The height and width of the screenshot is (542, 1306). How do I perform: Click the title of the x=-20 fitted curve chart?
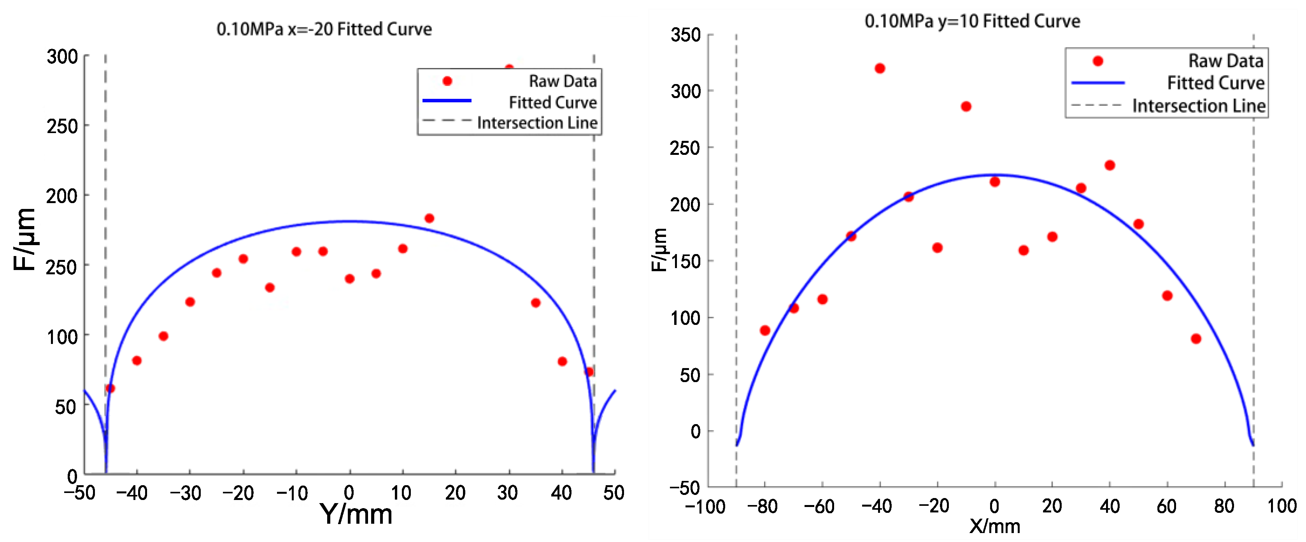324,30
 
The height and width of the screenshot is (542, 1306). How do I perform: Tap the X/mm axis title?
994,526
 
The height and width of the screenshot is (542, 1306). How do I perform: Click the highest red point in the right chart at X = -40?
880,68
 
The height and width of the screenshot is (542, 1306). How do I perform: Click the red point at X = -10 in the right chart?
966,107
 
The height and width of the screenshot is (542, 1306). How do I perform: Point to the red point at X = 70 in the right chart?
1196,339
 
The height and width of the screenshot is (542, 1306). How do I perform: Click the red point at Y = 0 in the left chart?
349,279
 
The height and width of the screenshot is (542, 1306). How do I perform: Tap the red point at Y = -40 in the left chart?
137,360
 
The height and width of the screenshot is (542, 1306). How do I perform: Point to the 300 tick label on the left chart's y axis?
62,57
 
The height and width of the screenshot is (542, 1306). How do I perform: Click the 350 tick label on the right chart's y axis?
685,35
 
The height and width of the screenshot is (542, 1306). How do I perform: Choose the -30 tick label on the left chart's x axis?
185,493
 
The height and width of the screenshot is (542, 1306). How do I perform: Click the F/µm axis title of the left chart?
25,239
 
